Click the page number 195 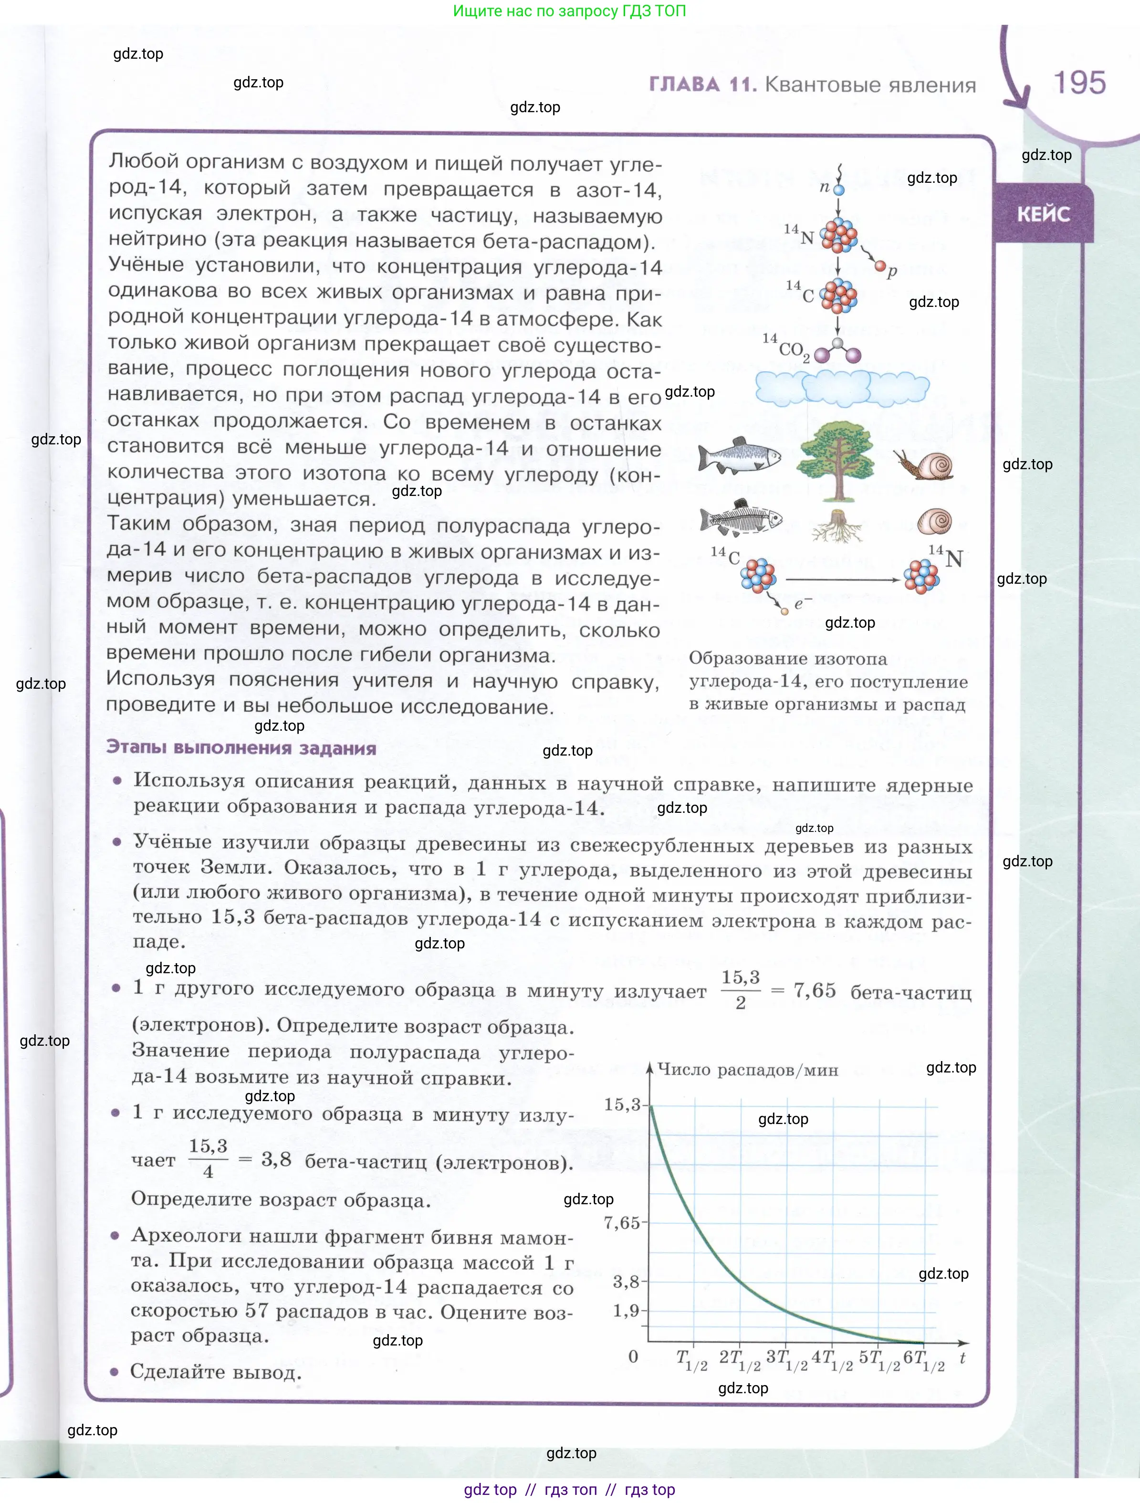1079,83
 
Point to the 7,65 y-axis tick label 622,1223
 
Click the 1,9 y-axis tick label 626,1311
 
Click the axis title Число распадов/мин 747,1070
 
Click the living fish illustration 739,456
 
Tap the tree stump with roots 837,526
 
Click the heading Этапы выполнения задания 241,748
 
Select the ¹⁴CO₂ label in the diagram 787,348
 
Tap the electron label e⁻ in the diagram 802,603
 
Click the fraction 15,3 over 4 208,1158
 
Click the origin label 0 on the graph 633,1357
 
